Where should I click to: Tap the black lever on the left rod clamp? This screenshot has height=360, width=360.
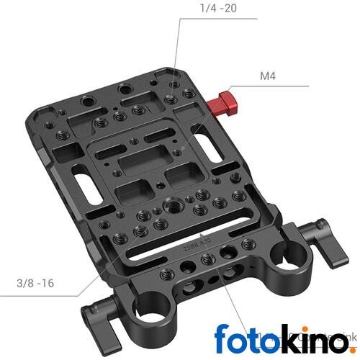[97, 319]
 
